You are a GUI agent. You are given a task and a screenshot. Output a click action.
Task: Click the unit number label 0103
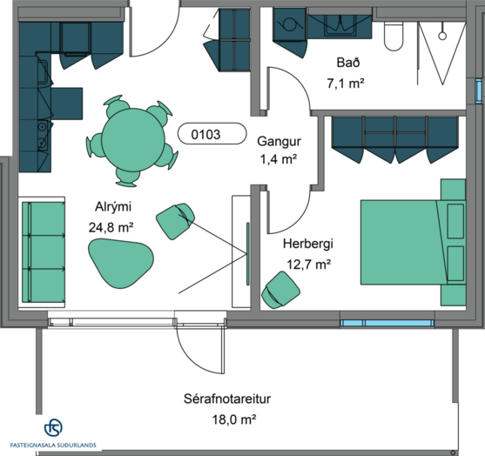[205, 135]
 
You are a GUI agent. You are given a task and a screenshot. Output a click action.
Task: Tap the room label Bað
[348, 63]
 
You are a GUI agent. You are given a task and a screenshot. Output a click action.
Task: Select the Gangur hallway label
[279, 141]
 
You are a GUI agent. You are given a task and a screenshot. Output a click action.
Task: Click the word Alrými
[113, 207]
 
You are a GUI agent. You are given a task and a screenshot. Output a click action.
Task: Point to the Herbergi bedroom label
[308, 244]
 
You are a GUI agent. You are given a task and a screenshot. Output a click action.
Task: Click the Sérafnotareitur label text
[227, 399]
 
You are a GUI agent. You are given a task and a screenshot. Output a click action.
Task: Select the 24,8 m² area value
[111, 227]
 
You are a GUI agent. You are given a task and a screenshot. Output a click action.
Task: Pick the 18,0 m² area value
[234, 419]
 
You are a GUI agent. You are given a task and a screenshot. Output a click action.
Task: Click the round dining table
[133, 139]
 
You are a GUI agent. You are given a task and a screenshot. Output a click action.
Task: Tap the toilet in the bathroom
[394, 37]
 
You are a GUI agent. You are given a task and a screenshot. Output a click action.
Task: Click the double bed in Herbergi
[413, 242]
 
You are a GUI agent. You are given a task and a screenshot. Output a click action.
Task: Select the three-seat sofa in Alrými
[44, 252]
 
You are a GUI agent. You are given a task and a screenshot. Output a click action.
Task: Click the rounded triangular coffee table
[121, 263]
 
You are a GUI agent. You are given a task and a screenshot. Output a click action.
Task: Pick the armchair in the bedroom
[280, 290]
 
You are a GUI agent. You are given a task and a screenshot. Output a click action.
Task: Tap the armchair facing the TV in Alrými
[175, 221]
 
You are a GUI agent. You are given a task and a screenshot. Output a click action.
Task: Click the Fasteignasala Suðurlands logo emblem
[53, 427]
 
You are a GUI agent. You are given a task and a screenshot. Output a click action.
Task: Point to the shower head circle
[442, 36]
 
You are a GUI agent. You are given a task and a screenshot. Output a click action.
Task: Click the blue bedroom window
[387, 324]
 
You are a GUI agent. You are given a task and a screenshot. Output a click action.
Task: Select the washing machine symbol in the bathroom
[289, 24]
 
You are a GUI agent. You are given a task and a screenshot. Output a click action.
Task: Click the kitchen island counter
[67, 104]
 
